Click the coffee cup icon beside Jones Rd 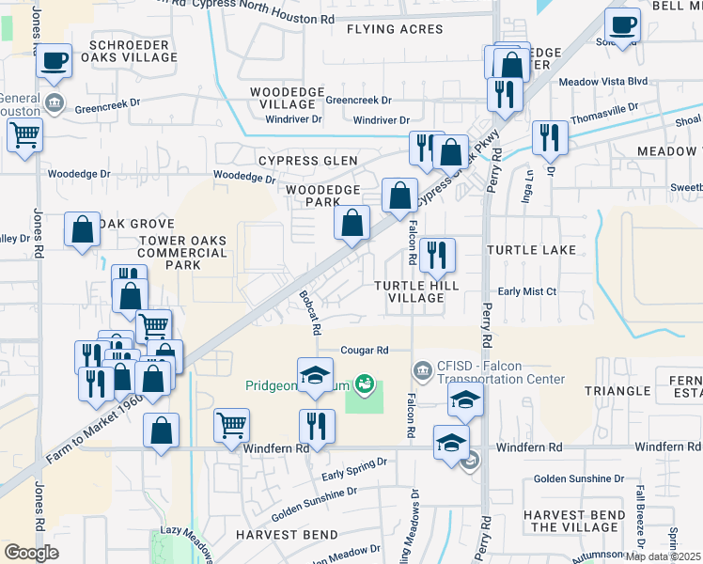[x=55, y=62]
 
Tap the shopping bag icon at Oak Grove [x=83, y=229]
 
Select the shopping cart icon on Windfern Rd [x=231, y=425]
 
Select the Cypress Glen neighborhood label [x=308, y=161]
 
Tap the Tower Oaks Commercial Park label [x=182, y=253]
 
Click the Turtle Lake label [x=532, y=250]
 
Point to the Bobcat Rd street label [x=310, y=312]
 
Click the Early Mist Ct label [x=527, y=291]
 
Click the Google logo [x=32, y=553]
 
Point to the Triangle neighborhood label [x=617, y=390]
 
